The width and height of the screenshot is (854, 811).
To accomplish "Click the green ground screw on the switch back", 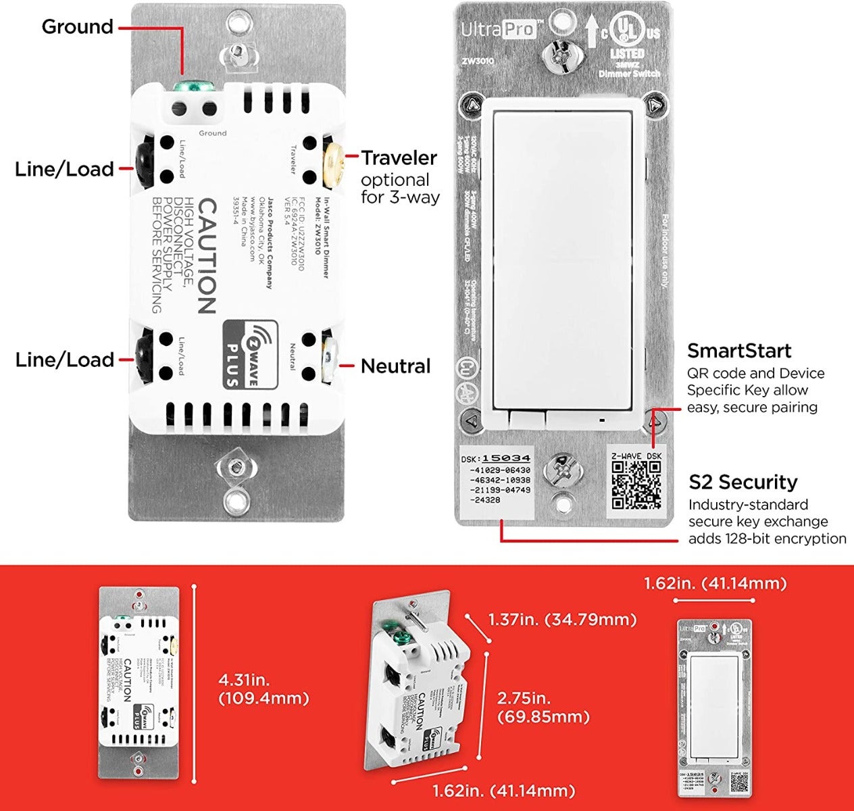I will pyautogui.click(x=193, y=87).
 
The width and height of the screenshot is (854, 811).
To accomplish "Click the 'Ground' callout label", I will pyautogui.click(x=77, y=27).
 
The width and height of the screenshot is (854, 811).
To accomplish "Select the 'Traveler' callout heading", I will pyautogui.click(x=399, y=158).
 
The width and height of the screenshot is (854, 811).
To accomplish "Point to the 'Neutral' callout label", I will pyautogui.click(x=395, y=366).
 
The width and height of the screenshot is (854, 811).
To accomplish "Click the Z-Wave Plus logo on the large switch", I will pyautogui.click(x=249, y=354).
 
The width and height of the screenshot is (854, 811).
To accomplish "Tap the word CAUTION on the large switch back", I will pyautogui.click(x=205, y=256).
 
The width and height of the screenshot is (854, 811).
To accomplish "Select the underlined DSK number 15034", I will pyautogui.click(x=505, y=458).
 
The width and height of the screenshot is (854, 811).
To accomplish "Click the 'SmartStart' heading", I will pyautogui.click(x=738, y=351).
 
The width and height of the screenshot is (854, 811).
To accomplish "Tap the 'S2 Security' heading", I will pyautogui.click(x=743, y=482).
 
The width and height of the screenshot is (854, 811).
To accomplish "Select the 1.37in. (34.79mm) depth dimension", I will pyautogui.click(x=561, y=619).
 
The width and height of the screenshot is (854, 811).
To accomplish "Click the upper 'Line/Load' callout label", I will pyautogui.click(x=65, y=169).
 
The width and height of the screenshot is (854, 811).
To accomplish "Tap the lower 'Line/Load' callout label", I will pyautogui.click(x=65, y=360).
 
